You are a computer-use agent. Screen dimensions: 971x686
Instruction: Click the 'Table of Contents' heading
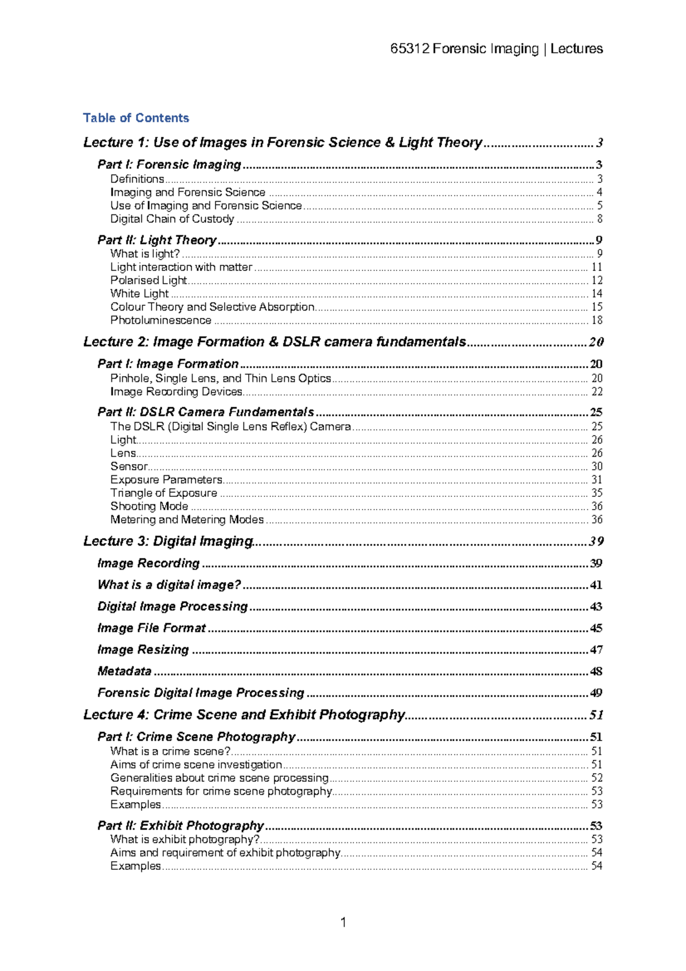[x=135, y=118]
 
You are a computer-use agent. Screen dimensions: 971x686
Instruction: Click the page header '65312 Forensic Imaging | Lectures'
[x=496, y=49]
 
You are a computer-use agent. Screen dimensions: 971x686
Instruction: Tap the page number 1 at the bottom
[x=343, y=922]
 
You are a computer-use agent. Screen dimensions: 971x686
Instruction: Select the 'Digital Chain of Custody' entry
[x=172, y=219]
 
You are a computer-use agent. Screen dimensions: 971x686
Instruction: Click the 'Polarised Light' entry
[x=149, y=280]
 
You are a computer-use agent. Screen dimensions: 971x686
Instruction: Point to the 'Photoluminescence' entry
[x=161, y=320]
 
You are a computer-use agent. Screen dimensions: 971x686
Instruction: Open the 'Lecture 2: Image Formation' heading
[x=274, y=342]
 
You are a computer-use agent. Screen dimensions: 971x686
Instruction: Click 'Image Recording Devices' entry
[x=176, y=392]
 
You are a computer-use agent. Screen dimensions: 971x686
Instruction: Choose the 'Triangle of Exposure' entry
[x=163, y=493]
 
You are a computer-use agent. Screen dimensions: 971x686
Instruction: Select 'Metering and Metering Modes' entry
[x=187, y=519]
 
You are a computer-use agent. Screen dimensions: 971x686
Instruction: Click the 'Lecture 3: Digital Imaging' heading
[x=168, y=541]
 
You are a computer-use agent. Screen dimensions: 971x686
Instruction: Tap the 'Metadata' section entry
[x=124, y=671]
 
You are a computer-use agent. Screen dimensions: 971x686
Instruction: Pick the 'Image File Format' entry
[x=151, y=628]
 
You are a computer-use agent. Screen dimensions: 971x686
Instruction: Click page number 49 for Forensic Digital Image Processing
[x=596, y=693]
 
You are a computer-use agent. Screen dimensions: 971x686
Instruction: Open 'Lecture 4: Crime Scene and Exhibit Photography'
[x=244, y=715]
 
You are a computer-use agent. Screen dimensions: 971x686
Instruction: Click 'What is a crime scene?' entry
[x=170, y=751]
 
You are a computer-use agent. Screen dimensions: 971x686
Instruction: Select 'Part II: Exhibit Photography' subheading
[x=181, y=825]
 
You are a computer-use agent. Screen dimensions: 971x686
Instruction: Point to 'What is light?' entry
[x=145, y=254]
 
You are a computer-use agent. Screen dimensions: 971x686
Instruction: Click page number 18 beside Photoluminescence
[x=596, y=320]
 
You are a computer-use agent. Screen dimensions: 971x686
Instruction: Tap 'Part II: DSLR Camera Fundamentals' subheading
[x=206, y=412]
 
